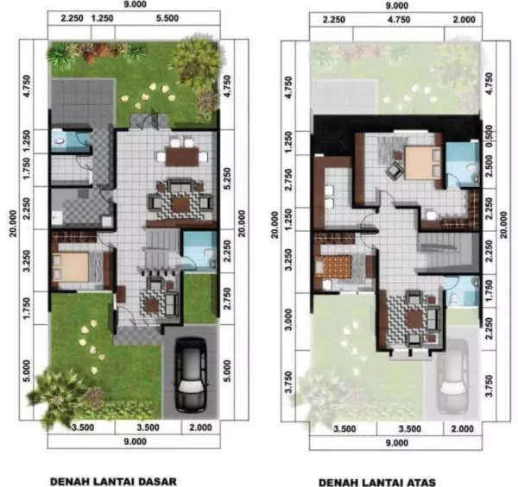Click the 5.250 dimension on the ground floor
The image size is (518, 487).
(x=229, y=176)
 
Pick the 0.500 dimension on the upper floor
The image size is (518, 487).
(x=490, y=132)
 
